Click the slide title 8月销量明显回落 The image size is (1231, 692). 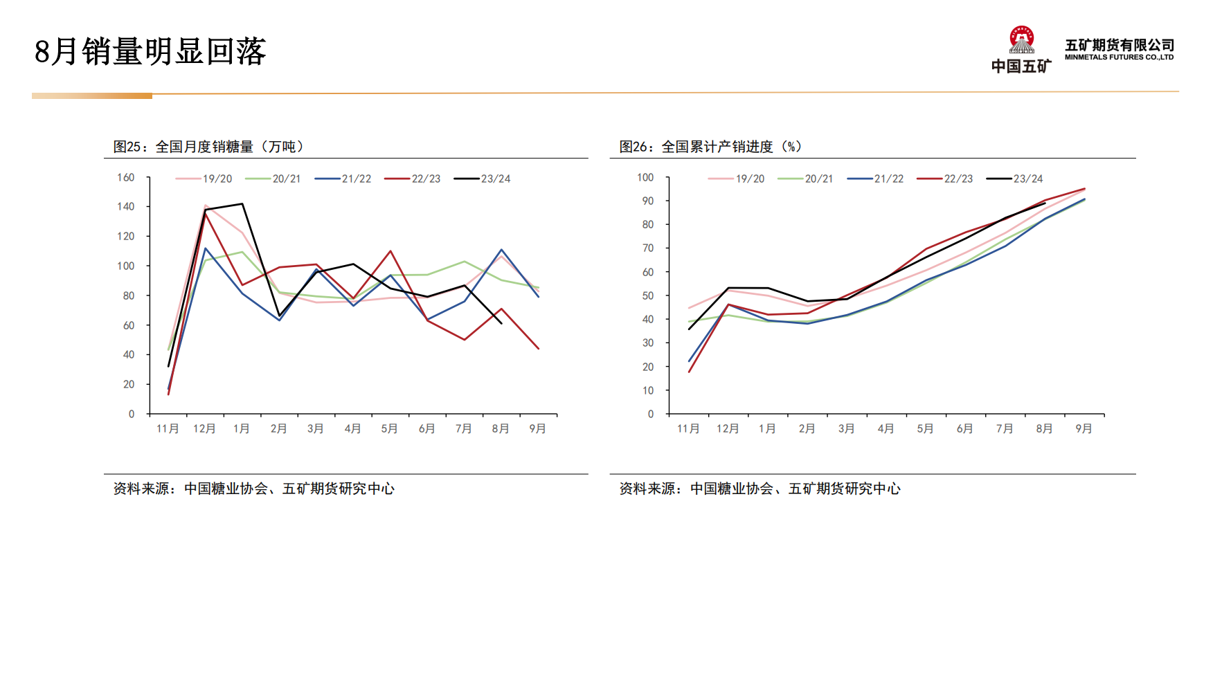(150, 52)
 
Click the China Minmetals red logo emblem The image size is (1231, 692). (1021, 40)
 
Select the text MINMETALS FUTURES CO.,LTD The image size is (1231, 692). (1119, 57)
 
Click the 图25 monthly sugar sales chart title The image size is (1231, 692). (208, 147)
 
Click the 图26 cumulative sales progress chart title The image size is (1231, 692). (710, 147)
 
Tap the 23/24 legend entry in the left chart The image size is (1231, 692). (483, 179)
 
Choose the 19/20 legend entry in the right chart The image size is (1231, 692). (737, 179)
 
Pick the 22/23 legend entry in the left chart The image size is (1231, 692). (413, 179)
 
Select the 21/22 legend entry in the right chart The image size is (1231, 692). (876, 179)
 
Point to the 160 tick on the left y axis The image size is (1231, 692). (126, 178)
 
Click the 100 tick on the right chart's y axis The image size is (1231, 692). (645, 178)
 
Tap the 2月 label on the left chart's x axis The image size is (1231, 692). (278, 429)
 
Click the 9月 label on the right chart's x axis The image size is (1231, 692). (1084, 429)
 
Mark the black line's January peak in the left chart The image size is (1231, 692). (242, 203)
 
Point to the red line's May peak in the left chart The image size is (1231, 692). (390, 251)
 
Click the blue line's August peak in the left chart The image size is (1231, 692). (501, 250)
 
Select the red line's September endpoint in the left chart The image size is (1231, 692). (538, 348)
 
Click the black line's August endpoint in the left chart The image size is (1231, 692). (501, 323)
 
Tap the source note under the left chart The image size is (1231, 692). (253, 489)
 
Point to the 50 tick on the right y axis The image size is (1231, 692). (648, 295)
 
